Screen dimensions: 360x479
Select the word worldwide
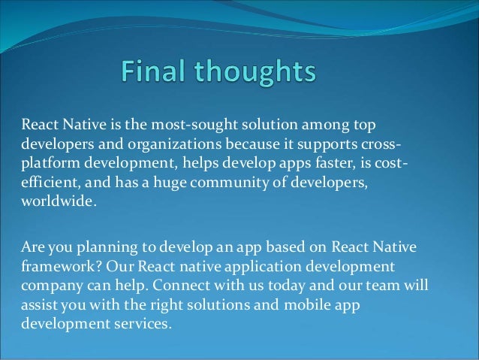click(x=58, y=201)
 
